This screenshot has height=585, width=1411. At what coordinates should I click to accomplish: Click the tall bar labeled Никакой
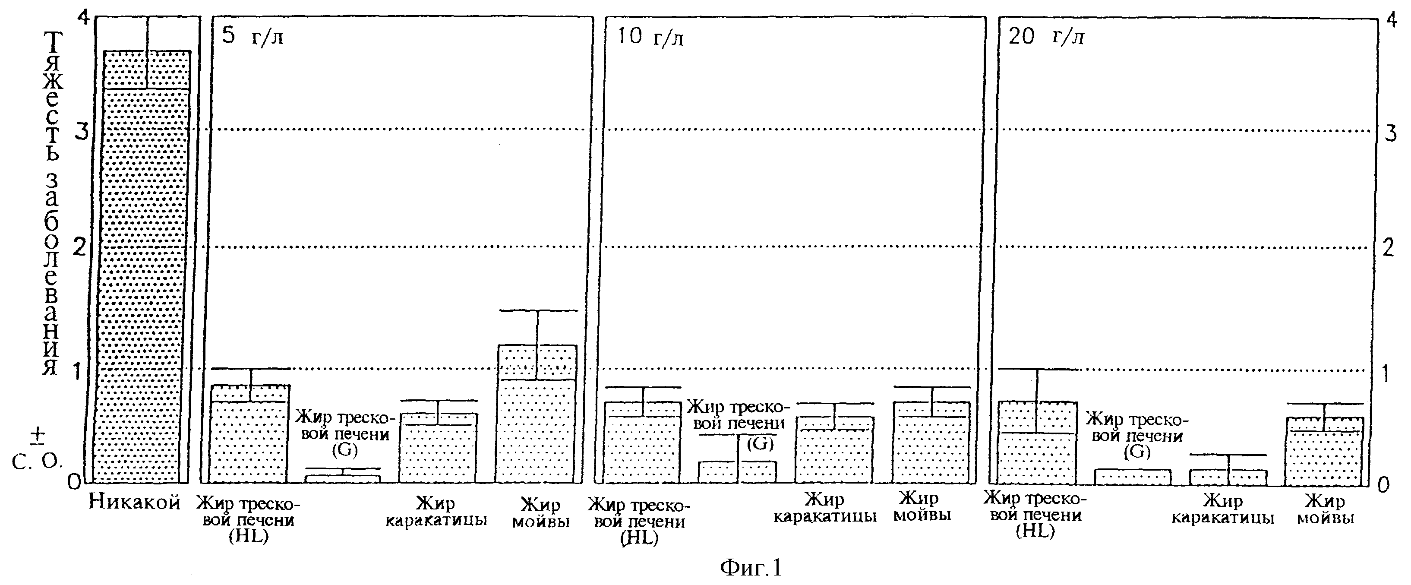tap(147, 267)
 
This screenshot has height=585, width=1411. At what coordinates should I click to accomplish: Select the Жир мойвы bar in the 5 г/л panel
tap(536, 414)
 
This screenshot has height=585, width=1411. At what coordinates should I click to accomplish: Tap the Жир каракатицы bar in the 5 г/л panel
tap(438, 448)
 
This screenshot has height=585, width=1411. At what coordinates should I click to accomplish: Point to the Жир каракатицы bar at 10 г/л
tap(834, 450)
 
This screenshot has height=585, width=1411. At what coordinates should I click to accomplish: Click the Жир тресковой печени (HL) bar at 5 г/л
tap(250, 434)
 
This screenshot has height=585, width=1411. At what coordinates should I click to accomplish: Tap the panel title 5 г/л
tap(252, 37)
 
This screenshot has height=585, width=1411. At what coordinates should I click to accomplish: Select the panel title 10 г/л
tap(650, 37)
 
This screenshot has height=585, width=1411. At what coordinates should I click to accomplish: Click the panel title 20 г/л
tap(1046, 37)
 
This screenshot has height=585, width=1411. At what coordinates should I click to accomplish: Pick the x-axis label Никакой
tap(135, 502)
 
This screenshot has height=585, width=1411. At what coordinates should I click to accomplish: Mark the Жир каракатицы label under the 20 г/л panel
tap(1222, 509)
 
